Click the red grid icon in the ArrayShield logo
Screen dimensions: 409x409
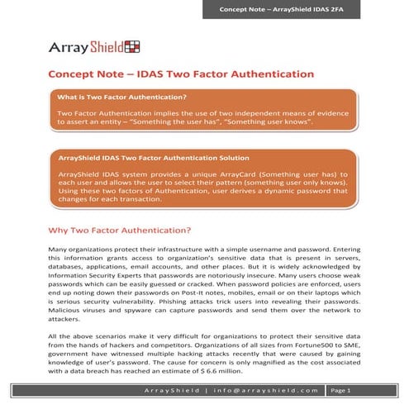128,45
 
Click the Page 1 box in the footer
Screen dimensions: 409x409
340,390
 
